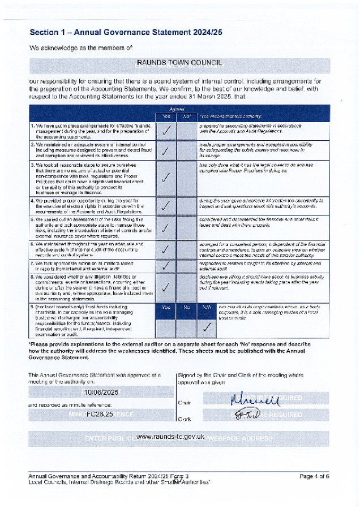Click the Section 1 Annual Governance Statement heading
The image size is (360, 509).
coord(126,32)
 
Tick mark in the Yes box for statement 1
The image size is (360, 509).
coord(166,130)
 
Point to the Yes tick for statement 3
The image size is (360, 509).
coord(166,178)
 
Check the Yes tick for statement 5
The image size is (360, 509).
coord(166,228)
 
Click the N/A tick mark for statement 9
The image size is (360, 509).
coord(207,327)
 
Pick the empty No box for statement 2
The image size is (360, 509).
coord(186,151)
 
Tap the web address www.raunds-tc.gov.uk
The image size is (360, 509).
coord(170,437)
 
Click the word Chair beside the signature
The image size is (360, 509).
coord(184,403)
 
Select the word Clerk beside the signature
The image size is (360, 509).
coord(184,419)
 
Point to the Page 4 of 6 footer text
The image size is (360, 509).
coord(314,476)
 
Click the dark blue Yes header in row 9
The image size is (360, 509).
coord(166,308)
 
